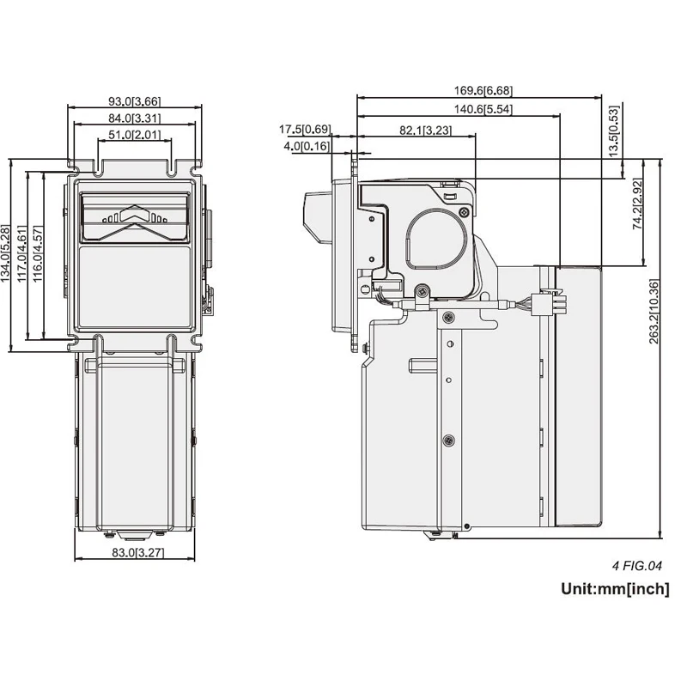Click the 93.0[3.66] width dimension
pyautogui.click(x=135, y=101)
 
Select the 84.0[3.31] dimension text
pyautogui.click(x=135, y=119)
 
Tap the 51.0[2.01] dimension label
pyautogui.click(x=135, y=135)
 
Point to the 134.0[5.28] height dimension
pyautogui.click(x=5, y=253)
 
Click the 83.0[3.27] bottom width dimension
pyautogui.click(x=137, y=552)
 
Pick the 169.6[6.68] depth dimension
pyautogui.click(x=483, y=91)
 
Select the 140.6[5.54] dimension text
pyautogui.click(x=483, y=109)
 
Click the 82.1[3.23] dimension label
pyautogui.click(x=425, y=131)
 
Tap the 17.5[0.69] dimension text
pyautogui.click(x=305, y=130)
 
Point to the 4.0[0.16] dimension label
pyautogui.click(x=307, y=146)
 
